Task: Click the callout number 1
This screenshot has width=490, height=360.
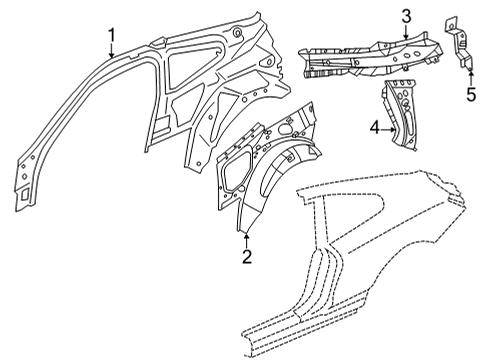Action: tap(112, 38)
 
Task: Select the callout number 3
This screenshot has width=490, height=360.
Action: tap(406, 15)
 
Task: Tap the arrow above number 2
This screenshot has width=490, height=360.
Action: tap(246, 237)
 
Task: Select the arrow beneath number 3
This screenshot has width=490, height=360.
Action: tap(406, 32)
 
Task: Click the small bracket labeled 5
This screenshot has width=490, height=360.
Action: tap(455, 42)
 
